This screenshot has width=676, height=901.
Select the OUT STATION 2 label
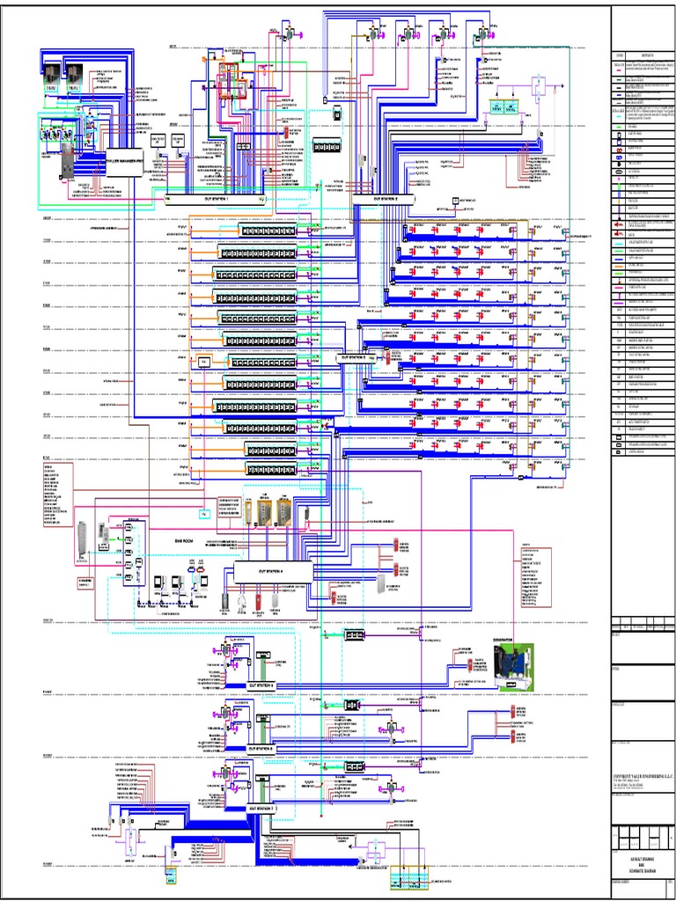point(386,200)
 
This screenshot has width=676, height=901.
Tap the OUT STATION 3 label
point(353,357)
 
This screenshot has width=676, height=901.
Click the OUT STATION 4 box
point(273,572)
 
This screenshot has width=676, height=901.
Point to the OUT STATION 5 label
point(261,683)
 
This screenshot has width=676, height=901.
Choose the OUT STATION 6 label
point(261,749)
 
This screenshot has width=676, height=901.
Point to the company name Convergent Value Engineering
point(641,777)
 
